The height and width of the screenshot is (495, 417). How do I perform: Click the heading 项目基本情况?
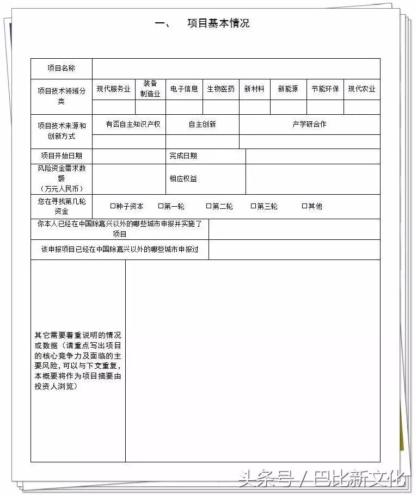(x=218, y=23)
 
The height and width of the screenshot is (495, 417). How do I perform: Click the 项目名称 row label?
(x=61, y=69)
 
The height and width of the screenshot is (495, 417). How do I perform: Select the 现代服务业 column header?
(x=114, y=89)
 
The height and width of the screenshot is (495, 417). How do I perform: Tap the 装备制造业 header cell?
(x=150, y=89)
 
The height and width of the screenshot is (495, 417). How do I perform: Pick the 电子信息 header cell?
(x=184, y=89)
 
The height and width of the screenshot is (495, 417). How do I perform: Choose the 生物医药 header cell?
(x=220, y=89)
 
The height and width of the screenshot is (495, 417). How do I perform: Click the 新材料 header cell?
(x=254, y=89)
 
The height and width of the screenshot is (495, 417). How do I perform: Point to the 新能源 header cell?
(x=288, y=89)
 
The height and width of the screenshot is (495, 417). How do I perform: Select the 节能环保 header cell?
(x=325, y=89)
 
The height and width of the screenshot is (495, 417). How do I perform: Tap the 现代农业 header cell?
(x=362, y=89)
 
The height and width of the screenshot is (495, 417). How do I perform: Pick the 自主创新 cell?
(x=202, y=124)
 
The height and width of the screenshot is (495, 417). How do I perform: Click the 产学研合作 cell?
(x=309, y=124)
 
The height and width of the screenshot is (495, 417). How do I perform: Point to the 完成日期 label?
(x=183, y=156)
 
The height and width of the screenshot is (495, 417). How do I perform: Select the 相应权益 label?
(x=183, y=178)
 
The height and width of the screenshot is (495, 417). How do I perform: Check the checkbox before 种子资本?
(x=113, y=206)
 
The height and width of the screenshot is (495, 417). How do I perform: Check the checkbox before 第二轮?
(x=208, y=206)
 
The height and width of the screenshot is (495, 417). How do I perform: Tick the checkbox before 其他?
(x=305, y=206)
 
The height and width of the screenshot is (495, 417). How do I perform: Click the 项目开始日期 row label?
(x=61, y=156)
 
